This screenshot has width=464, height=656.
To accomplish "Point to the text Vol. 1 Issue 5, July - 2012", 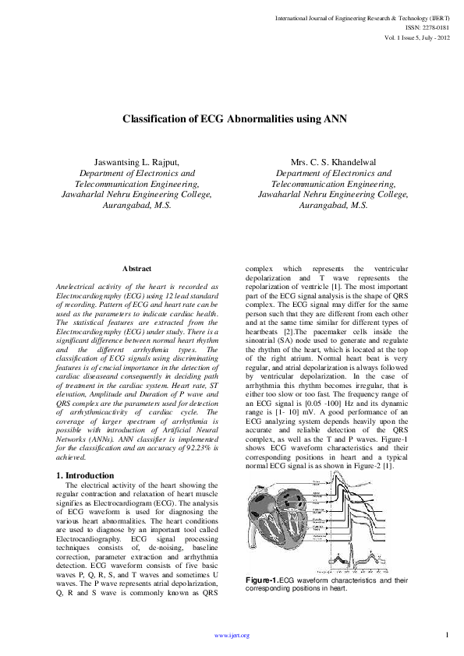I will point(416,37).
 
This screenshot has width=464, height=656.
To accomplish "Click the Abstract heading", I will point(136,268).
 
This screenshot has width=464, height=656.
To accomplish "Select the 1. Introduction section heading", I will point(86,475).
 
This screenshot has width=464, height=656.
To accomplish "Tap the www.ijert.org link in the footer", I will point(232,635).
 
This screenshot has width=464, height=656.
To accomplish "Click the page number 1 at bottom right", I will point(447,634).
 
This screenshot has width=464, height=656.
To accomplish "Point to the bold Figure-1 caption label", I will point(261,581).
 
